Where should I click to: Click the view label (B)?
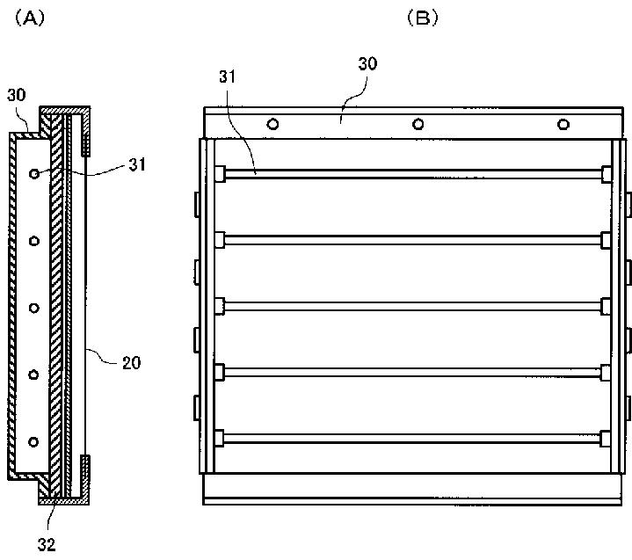[x=420, y=17]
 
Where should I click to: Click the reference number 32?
[x=47, y=545]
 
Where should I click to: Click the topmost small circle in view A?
[x=34, y=175]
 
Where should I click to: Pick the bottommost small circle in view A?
[x=34, y=440]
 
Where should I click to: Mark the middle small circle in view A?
[x=34, y=308]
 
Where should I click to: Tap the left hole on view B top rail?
[x=273, y=124]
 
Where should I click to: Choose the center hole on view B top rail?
[x=418, y=124]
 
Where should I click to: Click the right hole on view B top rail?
[x=563, y=124]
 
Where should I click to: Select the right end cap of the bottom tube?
[x=605, y=438]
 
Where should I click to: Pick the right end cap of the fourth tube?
[x=605, y=372]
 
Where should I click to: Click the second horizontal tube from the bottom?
[x=412, y=372]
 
